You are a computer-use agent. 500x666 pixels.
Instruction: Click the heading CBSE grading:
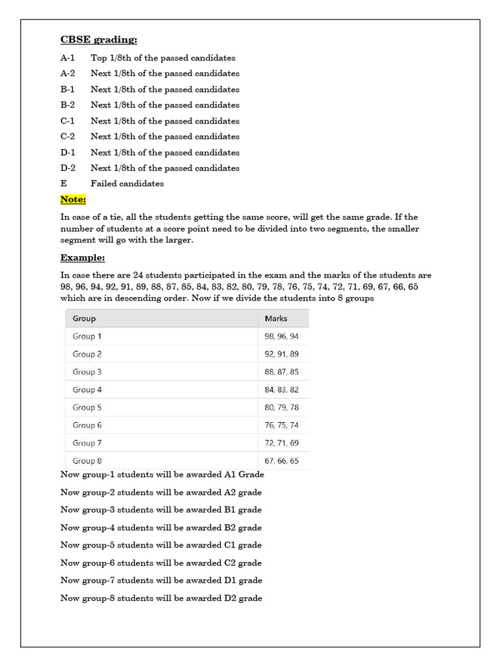[98, 40]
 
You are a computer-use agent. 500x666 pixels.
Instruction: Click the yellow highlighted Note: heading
[73, 199]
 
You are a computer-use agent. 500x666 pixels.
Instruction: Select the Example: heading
[83, 258]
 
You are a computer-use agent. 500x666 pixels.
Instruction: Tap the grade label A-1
[68, 58]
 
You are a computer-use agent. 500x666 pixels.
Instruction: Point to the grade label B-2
[68, 105]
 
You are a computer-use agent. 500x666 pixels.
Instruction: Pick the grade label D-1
[68, 152]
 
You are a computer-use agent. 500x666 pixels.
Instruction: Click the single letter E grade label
[64, 183]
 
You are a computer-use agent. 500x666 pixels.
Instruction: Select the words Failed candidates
[127, 183]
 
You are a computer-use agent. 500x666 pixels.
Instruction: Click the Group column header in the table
[84, 319]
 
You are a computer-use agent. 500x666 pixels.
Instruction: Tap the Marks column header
[276, 319]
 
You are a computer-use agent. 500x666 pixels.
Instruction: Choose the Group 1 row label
[87, 336]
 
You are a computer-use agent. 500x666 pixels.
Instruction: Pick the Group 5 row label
[87, 407]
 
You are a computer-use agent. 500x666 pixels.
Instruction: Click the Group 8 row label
[87, 460]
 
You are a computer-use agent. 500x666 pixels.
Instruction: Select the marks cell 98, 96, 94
[282, 336]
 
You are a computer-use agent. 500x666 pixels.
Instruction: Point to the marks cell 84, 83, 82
[282, 390]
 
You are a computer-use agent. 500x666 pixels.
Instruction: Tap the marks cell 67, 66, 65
[282, 460]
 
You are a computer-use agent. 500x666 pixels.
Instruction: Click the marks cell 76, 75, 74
[282, 425]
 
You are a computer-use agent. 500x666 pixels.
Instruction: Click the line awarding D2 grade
[161, 598]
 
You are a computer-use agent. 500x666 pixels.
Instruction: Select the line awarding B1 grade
[161, 510]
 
